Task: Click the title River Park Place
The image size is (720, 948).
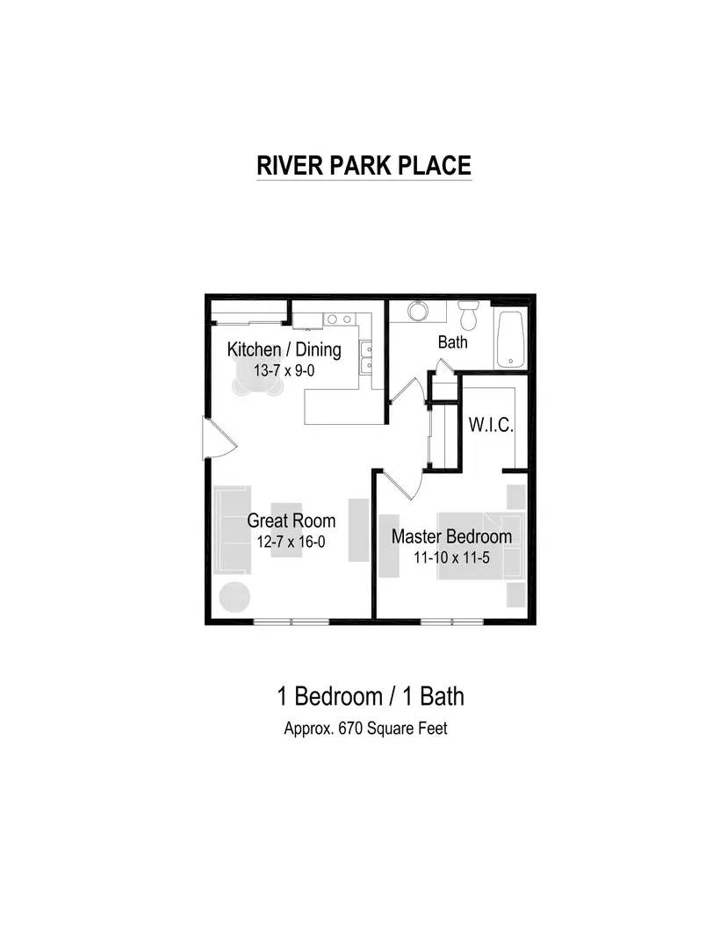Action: point(364,165)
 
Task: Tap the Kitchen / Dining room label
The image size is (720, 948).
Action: point(284,349)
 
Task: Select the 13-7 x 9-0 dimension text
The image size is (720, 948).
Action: point(284,371)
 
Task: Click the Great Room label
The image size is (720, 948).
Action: point(291,521)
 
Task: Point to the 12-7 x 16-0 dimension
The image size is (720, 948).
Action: point(291,542)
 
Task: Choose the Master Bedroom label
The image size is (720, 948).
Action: point(451,536)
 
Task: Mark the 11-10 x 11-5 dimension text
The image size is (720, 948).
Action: point(451,557)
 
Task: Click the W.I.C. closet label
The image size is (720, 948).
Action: point(491,425)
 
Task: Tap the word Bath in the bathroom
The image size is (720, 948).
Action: point(453,342)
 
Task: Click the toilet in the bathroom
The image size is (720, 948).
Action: point(469,312)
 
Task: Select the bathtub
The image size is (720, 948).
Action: point(510,339)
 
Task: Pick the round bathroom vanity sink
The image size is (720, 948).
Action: point(416,312)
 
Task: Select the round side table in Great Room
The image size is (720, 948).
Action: point(235,597)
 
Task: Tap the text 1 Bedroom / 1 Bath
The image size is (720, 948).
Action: point(371,697)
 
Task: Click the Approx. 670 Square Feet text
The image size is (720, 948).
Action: point(365,728)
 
